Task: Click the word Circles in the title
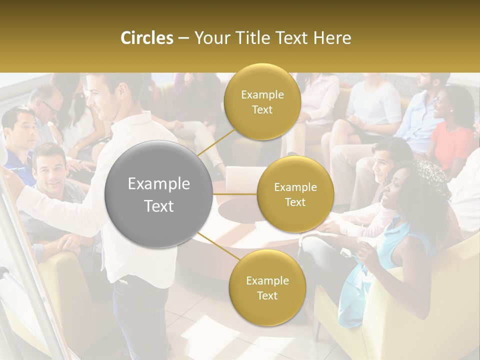point(146,38)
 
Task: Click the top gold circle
point(262,102)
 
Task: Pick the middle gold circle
point(295,194)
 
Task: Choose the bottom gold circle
point(267,287)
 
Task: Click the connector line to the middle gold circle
point(235,194)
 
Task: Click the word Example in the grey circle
point(159,184)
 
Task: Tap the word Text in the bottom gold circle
point(267,295)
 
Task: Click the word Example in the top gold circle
point(262,94)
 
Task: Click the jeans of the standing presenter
point(142,315)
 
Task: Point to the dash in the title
point(183,38)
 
